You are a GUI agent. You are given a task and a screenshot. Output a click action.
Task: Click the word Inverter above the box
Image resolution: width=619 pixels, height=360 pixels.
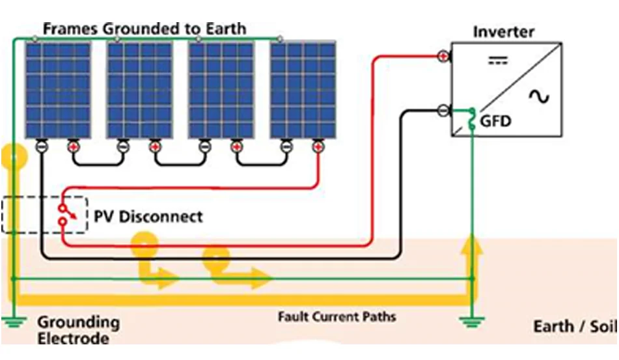click(504, 31)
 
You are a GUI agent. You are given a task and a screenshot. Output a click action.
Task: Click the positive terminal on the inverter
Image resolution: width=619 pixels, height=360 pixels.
click(443, 57)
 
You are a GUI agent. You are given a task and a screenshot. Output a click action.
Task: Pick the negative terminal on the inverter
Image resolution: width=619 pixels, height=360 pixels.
click(443, 110)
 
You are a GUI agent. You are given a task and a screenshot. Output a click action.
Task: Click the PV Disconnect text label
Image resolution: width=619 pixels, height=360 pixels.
click(149, 216)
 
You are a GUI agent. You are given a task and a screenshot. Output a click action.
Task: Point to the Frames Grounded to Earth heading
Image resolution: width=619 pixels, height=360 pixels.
click(144, 29)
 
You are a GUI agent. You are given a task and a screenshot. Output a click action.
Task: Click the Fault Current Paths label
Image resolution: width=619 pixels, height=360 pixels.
click(337, 317)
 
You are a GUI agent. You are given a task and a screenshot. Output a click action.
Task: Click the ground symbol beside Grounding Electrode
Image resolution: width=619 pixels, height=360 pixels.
click(12, 321)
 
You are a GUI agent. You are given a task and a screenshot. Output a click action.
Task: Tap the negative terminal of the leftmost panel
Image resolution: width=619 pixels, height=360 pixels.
click(40, 146)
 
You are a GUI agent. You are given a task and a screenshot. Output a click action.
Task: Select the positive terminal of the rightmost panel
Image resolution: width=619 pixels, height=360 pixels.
click(318, 146)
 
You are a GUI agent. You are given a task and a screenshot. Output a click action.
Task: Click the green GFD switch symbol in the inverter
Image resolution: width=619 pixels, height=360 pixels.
click(472, 118)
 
